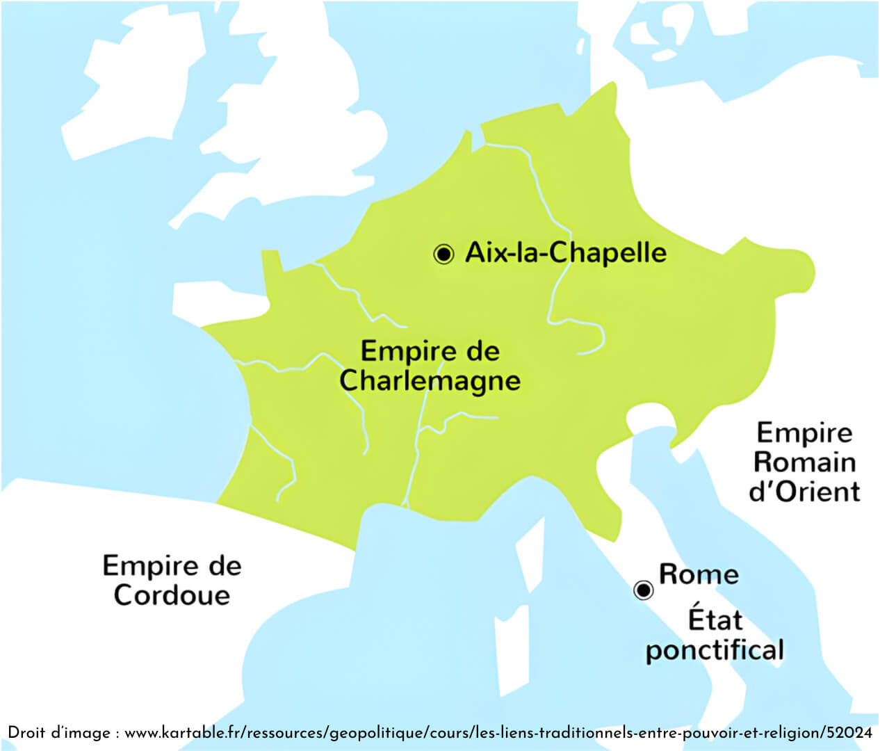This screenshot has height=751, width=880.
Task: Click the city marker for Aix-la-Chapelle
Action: pyautogui.click(x=443, y=254)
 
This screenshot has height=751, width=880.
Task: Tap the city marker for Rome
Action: pyautogui.click(x=644, y=590)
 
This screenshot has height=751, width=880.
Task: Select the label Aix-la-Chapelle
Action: pyautogui.click(x=566, y=252)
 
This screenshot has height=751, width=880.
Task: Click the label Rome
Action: pyautogui.click(x=699, y=574)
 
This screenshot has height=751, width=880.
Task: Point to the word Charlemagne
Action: pyautogui.click(x=430, y=381)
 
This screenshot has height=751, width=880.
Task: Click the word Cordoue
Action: pyautogui.click(x=172, y=595)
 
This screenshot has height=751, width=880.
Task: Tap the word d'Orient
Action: pyautogui.click(x=804, y=492)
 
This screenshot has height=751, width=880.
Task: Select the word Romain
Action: pyautogui.click(x=804, y=462)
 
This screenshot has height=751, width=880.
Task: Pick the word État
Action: pyautogui.click(x=715, y=619)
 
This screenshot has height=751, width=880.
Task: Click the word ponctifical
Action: pyautogui.click(x=715, y=650)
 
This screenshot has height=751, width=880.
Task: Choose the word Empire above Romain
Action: pyautogui.click(x=804, y=433)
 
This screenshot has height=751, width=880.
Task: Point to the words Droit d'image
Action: pyautogui.click(x=59, y=733)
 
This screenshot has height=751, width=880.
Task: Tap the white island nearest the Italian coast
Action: pyautogui.click(x=530, y=556)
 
